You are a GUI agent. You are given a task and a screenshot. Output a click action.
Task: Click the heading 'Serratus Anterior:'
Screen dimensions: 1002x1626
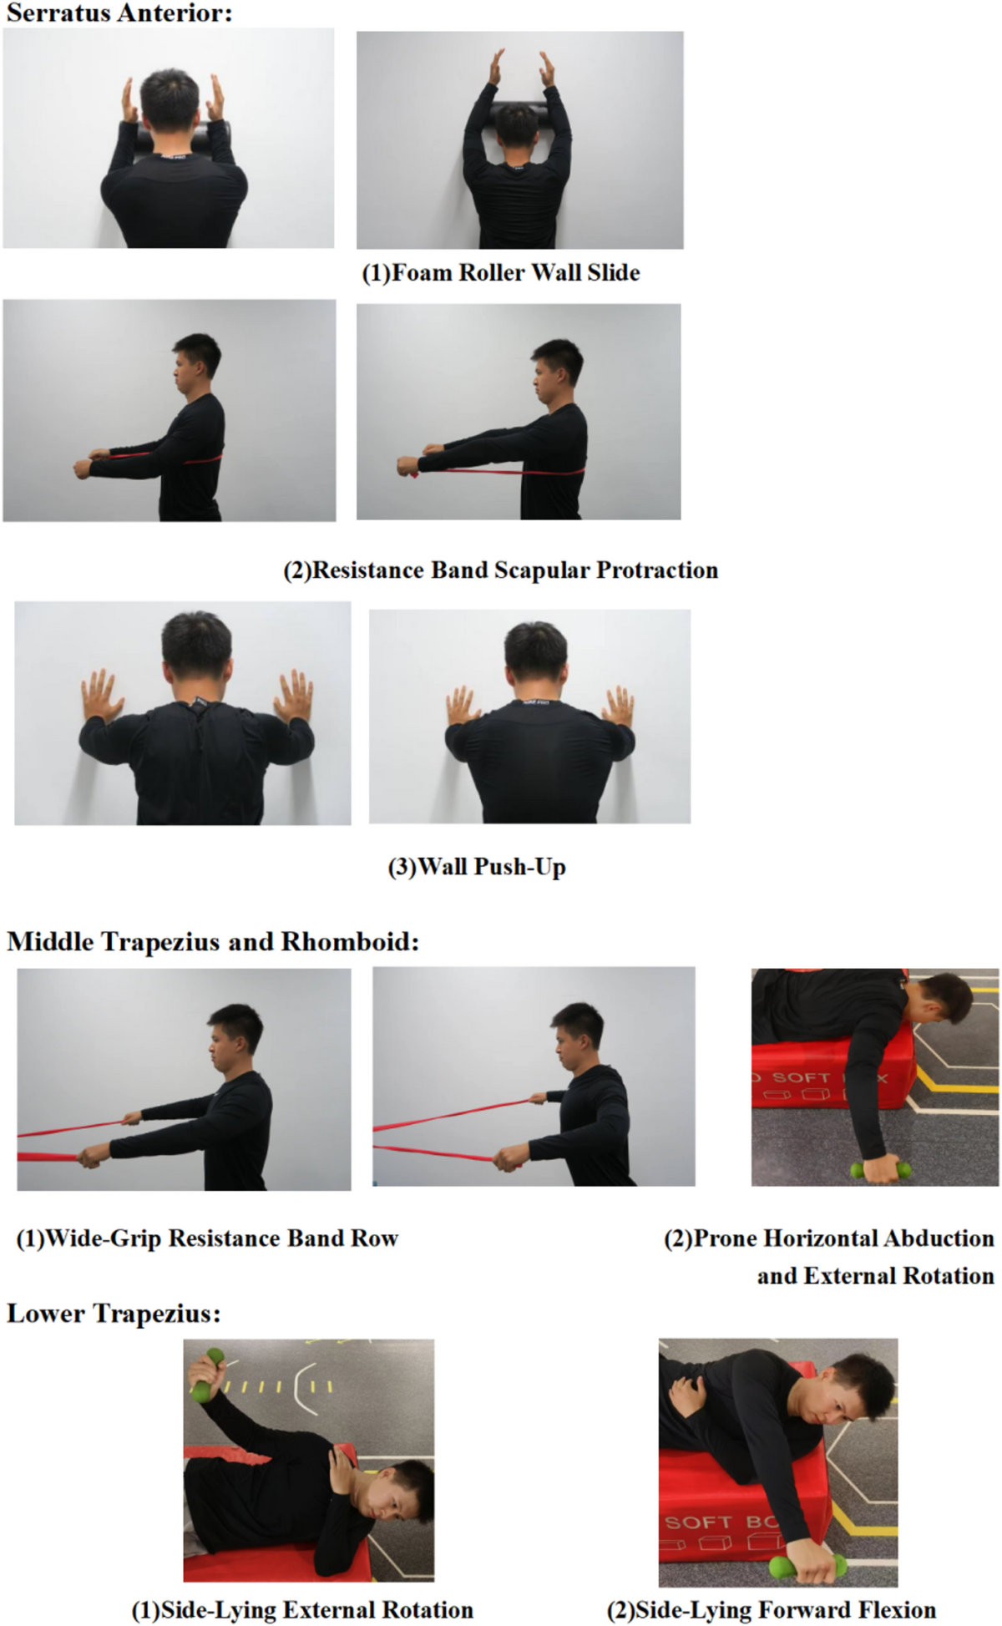(119, 13)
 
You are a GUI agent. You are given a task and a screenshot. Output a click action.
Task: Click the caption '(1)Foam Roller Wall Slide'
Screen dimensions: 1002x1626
(500, 273)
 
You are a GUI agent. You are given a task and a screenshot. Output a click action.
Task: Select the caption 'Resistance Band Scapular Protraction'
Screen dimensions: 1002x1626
(514, 570)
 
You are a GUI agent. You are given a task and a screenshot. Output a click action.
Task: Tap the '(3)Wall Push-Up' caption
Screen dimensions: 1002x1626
(477, 867)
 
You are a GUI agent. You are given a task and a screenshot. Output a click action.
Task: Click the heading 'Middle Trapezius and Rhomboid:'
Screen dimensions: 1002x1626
(213, 942)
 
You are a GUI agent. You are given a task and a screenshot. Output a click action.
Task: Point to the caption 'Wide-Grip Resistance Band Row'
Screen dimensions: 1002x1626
(221, 1238)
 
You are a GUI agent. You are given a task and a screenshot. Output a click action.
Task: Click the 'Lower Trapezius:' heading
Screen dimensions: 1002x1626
(114, 1314)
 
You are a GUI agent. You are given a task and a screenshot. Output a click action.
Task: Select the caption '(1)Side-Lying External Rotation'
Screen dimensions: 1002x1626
(302, 1610)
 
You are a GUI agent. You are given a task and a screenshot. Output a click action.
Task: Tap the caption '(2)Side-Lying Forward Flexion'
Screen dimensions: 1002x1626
(771, 1610)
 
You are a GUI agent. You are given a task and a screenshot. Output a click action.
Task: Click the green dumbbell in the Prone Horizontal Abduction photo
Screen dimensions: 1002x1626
(881, 1170)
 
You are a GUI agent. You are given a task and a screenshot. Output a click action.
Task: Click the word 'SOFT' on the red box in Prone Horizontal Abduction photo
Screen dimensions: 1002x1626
(801, 1078)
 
